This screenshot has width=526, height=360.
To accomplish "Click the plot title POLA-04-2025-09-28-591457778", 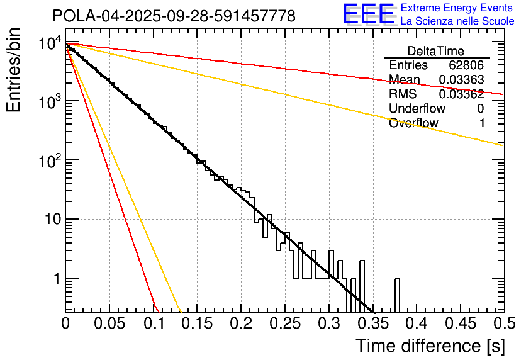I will point(174,16).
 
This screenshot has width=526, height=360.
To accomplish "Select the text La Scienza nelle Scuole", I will point(457,21).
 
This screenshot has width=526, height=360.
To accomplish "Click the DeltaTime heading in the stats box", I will point(436,51).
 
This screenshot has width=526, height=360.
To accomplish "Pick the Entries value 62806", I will point(466,65).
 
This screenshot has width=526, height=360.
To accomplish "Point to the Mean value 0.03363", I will point(462,80).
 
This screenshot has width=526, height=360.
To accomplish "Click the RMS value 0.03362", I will point(462,94).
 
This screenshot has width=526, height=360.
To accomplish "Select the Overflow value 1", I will point(482,123).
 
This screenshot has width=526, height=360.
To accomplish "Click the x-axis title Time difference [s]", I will point(430,346).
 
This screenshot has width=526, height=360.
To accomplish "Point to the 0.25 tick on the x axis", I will point(284,324).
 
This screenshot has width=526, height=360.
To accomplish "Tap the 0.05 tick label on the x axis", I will point(109,324).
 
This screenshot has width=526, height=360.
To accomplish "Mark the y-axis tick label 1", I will point(55,279).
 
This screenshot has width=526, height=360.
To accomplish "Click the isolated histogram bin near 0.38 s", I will point(398,295).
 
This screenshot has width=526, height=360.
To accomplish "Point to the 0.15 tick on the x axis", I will point(197,324).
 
